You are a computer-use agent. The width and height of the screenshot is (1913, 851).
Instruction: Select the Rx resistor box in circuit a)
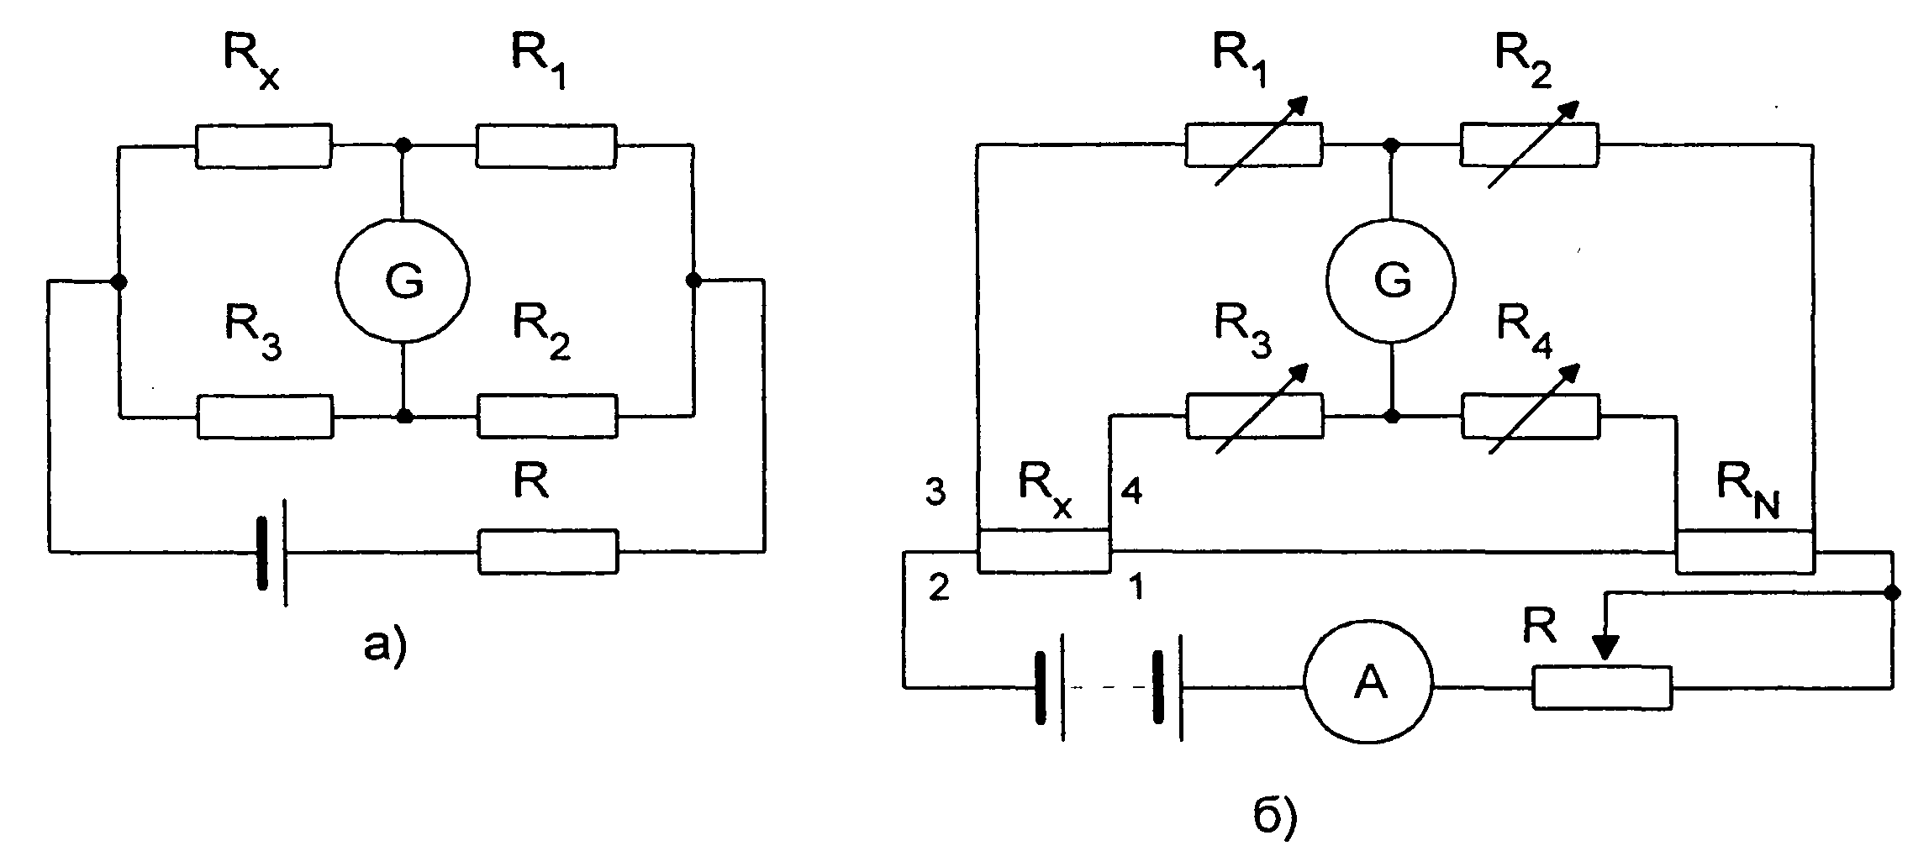[264, 146]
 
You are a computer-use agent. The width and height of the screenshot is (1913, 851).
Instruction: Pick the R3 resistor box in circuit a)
[265, 416]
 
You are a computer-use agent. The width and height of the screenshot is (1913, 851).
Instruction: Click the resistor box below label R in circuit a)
[548, 551]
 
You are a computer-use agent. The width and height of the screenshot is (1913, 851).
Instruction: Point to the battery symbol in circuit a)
[273, 552]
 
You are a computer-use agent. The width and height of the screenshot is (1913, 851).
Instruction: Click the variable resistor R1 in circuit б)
[1253, 144]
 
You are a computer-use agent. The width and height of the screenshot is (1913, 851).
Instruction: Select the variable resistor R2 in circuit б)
[1530, 144]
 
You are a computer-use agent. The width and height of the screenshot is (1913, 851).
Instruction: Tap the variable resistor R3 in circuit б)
[1254, 415]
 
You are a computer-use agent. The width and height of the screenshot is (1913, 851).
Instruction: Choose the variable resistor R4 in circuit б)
[1531, 415]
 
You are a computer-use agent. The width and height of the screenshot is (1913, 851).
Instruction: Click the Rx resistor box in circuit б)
[1044, 551]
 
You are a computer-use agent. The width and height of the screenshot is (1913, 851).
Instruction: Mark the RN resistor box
[1745, 552]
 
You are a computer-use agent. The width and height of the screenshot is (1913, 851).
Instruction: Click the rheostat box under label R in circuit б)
[1602, 688]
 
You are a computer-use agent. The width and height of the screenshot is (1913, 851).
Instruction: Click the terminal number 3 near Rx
[935, 492]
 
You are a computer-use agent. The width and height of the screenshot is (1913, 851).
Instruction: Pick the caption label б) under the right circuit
[1275, 819]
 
